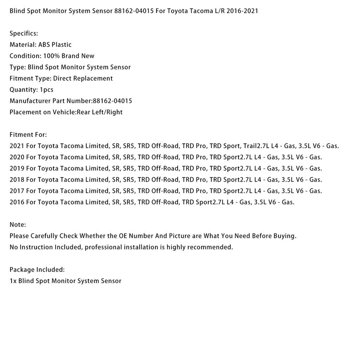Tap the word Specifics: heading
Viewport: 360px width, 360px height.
[x=24, y=34]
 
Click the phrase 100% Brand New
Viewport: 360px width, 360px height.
[x=69, y=56]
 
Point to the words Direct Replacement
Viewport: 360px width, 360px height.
[x=83, y=78]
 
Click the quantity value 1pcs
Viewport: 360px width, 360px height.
[x=47, y=90]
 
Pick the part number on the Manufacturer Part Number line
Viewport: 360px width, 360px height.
[x=112, y=101]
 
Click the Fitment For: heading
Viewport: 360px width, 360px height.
[x=28, y=135]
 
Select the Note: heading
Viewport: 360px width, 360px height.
[x=18, y=225]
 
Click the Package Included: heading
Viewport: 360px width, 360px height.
[x=37, y=270]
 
